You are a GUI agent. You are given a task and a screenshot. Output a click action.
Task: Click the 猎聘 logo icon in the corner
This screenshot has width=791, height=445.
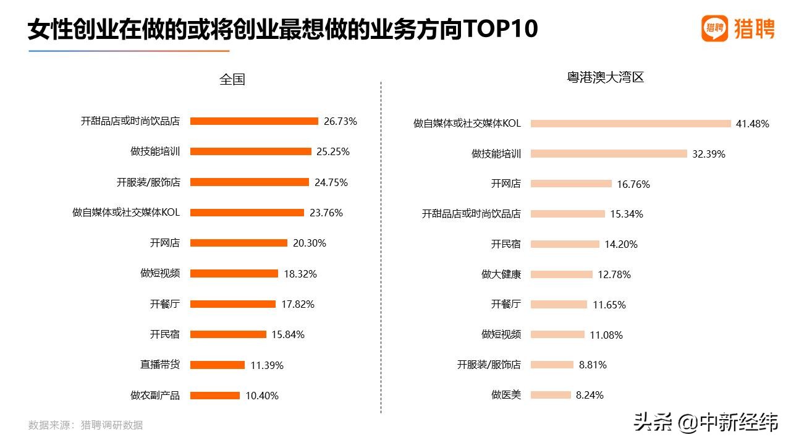coord(715,28)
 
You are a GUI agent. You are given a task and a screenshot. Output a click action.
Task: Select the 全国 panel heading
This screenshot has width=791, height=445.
coord(232,79)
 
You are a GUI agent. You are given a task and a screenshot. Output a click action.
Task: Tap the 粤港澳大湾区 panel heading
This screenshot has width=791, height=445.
coord(605,77)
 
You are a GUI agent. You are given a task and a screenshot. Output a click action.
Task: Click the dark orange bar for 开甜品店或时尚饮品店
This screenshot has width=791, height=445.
coord(254,121)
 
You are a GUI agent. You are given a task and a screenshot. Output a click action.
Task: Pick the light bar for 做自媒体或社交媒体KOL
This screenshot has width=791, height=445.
coord(630,124)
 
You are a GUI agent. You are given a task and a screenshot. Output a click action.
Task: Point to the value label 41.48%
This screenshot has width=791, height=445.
coord(752,124)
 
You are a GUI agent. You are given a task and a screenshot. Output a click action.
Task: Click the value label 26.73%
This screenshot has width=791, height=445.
coord(341,121)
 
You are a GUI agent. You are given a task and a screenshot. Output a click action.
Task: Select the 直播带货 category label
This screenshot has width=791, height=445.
coord(160,365)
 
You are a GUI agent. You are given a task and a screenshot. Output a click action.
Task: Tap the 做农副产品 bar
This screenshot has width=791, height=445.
coord(214,396)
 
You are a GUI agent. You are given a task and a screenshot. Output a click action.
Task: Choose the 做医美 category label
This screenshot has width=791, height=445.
coord(506,394)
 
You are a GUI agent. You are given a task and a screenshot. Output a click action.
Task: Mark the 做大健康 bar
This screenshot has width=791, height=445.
coord(561,274)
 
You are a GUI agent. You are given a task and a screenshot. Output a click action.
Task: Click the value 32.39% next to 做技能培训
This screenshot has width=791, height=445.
coord(709,154)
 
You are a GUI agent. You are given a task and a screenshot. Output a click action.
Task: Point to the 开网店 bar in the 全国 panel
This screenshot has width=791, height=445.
coord(239,243)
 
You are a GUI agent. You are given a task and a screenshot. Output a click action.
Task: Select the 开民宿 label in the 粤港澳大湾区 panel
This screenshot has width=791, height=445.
coord(506,244)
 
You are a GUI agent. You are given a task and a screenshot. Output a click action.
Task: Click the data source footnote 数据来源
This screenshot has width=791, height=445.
coord(85,425)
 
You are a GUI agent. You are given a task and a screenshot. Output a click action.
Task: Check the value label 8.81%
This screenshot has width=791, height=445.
coord(593,365)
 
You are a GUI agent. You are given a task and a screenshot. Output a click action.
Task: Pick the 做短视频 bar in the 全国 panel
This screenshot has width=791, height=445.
coord(234,273)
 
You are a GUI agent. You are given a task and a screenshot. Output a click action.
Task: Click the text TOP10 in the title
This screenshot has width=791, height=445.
coord(501,29)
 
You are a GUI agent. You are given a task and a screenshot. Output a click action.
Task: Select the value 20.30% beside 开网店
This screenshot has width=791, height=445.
coord(310,243)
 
